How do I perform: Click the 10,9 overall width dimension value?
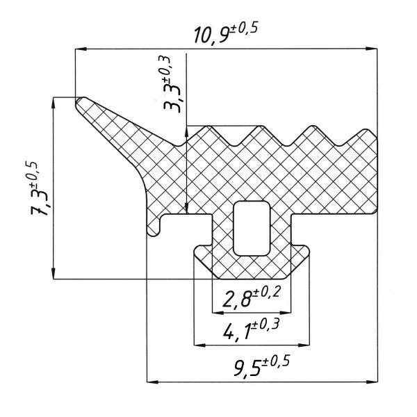(211, 35)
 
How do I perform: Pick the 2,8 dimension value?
(238, 299)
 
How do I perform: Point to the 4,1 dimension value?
(237, 332)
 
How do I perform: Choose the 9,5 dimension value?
(247, 368)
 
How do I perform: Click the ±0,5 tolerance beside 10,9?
(244, 28)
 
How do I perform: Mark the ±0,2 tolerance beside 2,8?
(267, 292)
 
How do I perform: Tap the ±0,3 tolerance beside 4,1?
(265, 325)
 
